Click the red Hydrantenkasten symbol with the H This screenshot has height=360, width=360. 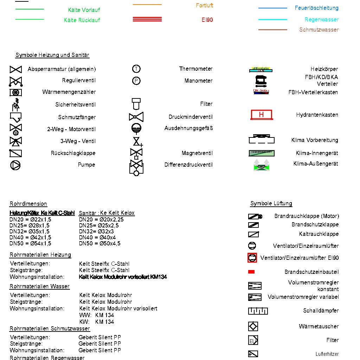click(261, 115)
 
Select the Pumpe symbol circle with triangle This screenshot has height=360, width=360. click(15, 165)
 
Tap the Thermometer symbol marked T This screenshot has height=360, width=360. click(136, 69)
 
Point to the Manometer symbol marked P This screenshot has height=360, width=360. click(136, 81)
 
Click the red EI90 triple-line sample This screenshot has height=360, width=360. click(147, 19)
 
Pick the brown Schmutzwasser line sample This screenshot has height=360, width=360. click(273, 30)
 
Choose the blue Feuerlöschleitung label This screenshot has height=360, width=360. click(316, 8)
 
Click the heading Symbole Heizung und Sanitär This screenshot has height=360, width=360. click(52, 55)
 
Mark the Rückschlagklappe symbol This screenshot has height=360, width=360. click(15, 153)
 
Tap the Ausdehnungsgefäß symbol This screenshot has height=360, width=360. click(136, 128)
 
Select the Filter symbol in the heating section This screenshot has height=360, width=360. click(136, 104)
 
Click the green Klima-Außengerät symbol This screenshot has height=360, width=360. click(261, 165)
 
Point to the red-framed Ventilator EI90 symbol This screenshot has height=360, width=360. click(252, 258)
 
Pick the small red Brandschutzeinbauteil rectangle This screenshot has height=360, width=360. click(251, 272)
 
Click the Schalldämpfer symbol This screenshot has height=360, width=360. click(258, 311)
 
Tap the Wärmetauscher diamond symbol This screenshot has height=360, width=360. click(253, 326)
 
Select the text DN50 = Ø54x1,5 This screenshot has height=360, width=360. click(30, 243)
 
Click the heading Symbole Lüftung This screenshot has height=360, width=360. click(271, 204)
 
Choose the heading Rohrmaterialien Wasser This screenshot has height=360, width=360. click(39, 287)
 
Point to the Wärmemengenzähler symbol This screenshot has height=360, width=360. click(15, 92)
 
